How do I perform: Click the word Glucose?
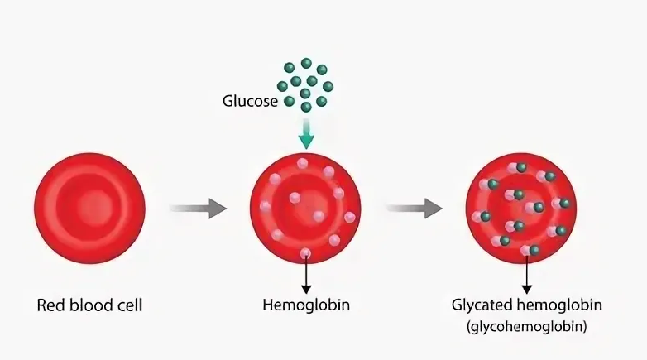click(250, 101)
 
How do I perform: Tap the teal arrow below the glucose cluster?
click(306, 134)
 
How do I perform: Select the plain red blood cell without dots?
click(89, 208)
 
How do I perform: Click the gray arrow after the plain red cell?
click(198, 208)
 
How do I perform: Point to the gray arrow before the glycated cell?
click(415, 208)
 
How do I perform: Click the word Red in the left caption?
click(50, 305)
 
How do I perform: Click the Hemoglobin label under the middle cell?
click(306, 305)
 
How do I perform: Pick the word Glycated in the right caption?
click(482, 305)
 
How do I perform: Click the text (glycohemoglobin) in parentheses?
click(526, 326)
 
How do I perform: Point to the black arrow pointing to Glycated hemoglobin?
click(526, 274)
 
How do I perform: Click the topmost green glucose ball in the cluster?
click(306, 63)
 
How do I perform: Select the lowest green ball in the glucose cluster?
click(306, 107)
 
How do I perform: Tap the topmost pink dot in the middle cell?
click(303, 163)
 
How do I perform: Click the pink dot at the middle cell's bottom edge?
click(305, 252)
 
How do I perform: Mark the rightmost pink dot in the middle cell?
click(349, 217)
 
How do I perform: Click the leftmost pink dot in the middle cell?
click(266, 206)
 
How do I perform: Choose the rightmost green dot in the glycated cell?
click(564, 203)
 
